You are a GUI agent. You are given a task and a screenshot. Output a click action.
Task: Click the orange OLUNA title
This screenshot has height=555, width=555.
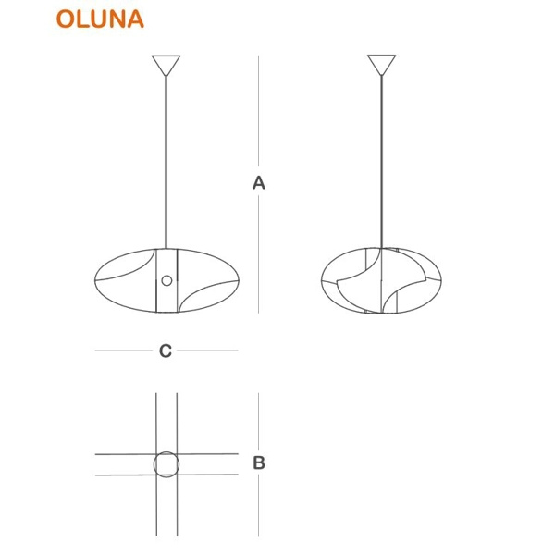pos(100,18)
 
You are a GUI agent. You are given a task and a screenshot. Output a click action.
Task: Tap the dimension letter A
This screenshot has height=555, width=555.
pos(259,183)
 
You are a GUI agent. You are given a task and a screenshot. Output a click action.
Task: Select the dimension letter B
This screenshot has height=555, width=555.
pos(259,462)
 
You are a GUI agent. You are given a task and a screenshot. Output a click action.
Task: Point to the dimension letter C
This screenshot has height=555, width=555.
pos(166,351)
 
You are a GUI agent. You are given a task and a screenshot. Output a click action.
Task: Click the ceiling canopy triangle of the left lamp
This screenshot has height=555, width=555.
pos(166,65)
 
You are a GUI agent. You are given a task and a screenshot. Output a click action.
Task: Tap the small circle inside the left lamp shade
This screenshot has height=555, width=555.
pos(166,280)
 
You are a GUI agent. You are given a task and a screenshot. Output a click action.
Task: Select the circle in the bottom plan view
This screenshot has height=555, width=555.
pos(166,464)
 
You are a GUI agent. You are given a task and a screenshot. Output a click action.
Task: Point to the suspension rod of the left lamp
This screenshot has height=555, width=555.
pos(166,163)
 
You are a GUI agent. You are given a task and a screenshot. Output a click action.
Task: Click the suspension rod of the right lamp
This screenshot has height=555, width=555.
pos(381,162)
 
